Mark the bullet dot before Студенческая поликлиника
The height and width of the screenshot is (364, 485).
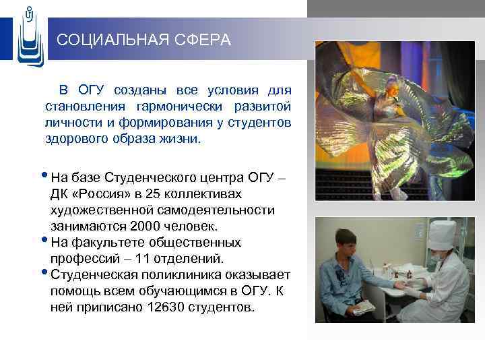[x=45, y=274]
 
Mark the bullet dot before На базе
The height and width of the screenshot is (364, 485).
[x=45, y=177]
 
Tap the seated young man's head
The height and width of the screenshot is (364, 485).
[x=346, y=243]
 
